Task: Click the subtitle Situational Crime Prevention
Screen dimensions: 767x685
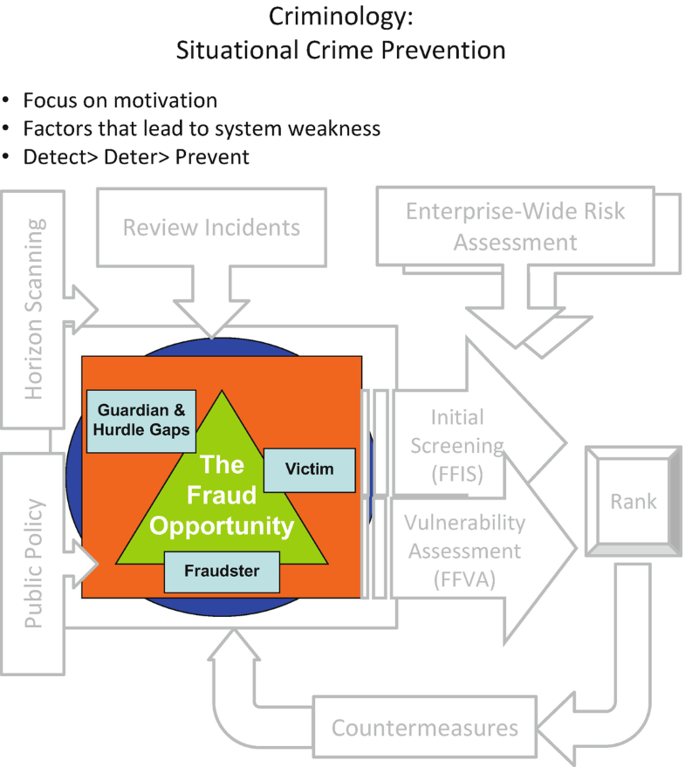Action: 341,50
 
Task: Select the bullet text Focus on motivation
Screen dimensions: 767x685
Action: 120,100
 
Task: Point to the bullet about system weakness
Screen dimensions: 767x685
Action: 202,128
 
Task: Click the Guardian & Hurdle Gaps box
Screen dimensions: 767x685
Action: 141,420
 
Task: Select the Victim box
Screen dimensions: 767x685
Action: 309,469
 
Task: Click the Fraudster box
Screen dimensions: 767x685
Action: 223,572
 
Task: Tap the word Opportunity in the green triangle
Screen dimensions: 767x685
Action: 223,526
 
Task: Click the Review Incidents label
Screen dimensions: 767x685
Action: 211,228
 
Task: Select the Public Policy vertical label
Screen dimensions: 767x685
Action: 34,563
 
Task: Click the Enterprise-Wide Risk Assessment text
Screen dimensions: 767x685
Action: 515,226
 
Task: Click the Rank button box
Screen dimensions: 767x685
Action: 633,502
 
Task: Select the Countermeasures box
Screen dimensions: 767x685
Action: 425,728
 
